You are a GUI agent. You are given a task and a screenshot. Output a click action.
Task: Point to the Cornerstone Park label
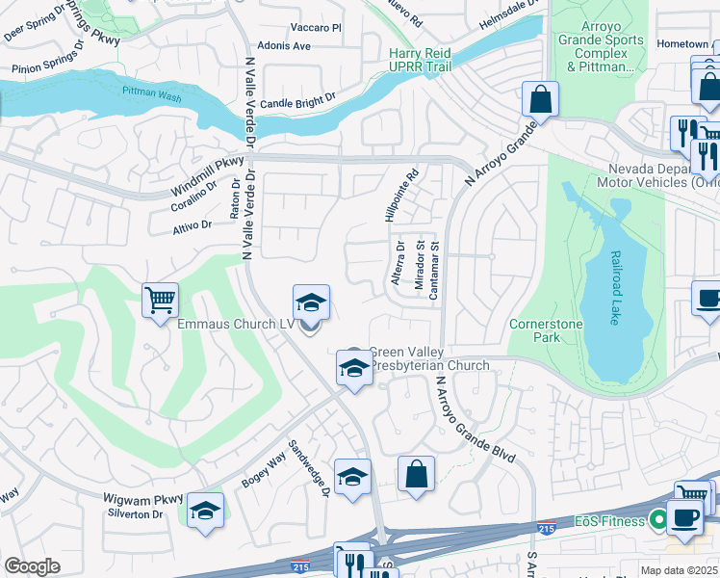[x=546, y=331]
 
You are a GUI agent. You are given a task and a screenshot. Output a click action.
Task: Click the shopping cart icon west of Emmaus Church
[x=160, y=299]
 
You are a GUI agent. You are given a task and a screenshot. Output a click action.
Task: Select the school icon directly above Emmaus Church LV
[x=311, y=302]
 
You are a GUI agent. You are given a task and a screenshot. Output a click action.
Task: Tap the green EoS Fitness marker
[x=659, y=521]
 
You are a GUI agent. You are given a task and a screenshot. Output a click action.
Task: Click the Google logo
[x=33, y=566]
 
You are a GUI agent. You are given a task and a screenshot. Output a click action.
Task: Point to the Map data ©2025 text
[x=666, y=569]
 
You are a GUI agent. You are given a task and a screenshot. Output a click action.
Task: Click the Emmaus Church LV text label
[x=235, y=325]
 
